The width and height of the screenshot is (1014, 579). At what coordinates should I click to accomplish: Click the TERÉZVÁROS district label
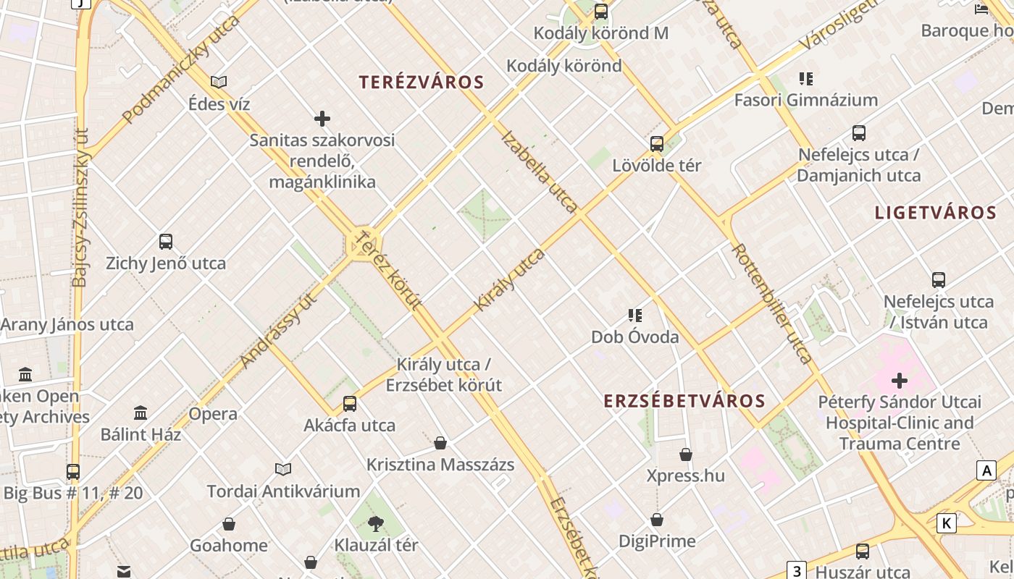click(x=422, y=82)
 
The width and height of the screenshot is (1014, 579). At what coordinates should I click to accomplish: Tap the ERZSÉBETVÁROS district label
click(x=684, y=401)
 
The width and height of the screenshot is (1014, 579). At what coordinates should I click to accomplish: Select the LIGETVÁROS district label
click(x=936, y=213)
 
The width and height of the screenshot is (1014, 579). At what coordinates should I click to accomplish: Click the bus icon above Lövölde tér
click(x=657, y=143)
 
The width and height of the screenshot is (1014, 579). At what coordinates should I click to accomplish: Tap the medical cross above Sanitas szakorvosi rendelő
click(x=322, y=118)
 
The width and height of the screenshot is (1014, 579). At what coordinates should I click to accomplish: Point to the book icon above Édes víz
click(x=219, y=83)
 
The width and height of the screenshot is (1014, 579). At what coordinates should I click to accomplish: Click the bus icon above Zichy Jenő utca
click(x=166, y=242)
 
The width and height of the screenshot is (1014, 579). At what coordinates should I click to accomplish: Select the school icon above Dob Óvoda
click(x=635, y=315)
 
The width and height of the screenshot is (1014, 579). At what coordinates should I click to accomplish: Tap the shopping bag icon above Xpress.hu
click(x=686, y=455)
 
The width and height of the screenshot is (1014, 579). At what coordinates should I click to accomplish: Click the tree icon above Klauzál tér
click(x=376, y=523)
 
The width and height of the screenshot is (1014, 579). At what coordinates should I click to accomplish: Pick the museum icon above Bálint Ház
click(x=141, y=413)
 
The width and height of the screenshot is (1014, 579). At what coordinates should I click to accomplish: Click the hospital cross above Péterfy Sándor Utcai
click(x=900, y=380)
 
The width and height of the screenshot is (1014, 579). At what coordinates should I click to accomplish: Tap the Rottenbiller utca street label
click(x=772, y=303)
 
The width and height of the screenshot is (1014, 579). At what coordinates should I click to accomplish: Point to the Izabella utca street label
click(x=540, y=172)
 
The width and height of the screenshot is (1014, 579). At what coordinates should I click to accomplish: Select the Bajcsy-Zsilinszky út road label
click(x=81, y=208)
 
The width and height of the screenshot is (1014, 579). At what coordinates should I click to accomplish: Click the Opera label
click(x=213, y=414)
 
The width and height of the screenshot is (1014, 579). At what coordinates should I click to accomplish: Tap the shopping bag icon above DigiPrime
click(x=657, y=520)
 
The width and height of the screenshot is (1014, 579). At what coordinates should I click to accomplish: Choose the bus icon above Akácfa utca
click(x=350, y=404)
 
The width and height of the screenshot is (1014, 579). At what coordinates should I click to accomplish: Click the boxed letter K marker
click(x=946, y=523)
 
